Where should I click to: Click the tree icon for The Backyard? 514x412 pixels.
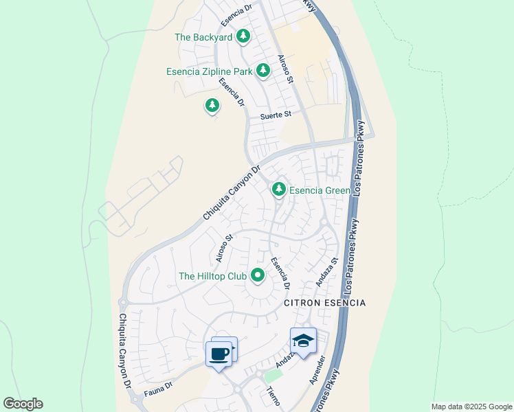click(243, 36)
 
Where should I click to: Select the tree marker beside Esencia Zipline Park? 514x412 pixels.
click(262, 70)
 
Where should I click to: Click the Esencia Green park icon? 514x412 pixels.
click(278, 189)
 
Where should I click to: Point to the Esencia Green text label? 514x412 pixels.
click(320, 190)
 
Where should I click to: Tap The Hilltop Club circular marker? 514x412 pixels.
click(258, 275)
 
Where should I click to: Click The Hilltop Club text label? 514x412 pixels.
click(212, 276)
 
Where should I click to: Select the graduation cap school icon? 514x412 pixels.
click(303, 340)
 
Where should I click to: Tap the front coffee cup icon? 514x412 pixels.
click(219, 355)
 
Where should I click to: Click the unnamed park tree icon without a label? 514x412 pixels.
click(212, 106)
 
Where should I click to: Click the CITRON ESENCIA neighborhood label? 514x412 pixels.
click(325, 303)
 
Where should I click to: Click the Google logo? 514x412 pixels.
click(23, 404)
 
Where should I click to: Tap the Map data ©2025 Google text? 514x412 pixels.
click(471, 407)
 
